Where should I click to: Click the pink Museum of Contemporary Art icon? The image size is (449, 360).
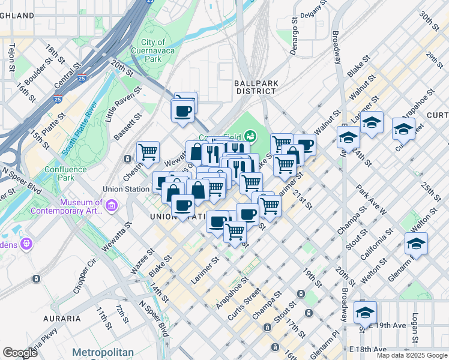tap(112, 206)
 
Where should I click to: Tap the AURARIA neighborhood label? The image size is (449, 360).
tap(62, 318)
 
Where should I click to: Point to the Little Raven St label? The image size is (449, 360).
tap(123, 104)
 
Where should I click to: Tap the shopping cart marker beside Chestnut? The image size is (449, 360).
tap(148, 152)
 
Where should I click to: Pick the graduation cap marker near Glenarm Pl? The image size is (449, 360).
tap(415, 244)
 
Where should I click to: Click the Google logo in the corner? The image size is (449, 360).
tap(20, 352)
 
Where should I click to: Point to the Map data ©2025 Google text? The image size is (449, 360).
tap(412, 355)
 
